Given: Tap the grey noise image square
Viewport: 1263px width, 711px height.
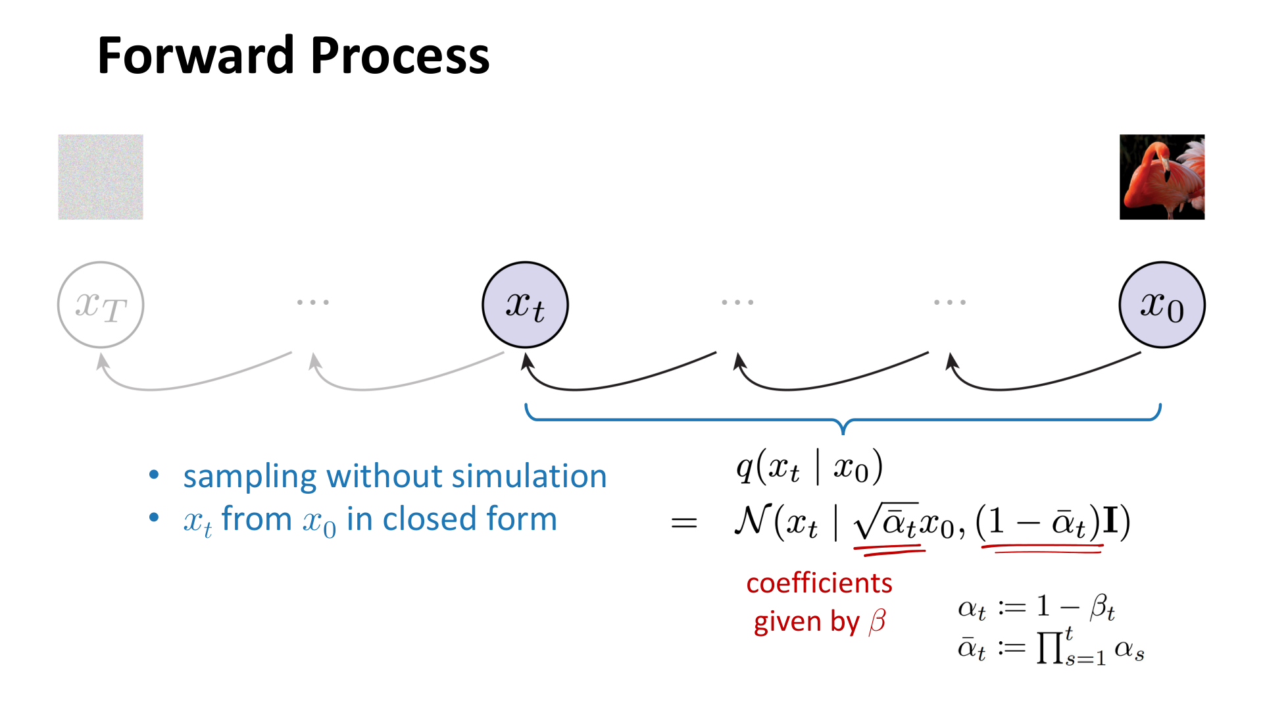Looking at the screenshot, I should coord(101,177).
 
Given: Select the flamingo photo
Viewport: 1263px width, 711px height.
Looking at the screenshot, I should coord(1162,177).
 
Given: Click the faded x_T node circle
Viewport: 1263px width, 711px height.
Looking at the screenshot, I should coord(101,305).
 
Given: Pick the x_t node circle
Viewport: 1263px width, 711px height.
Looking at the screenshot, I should coord(525,305).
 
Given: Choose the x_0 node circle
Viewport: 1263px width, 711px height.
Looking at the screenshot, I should coord(1162,305).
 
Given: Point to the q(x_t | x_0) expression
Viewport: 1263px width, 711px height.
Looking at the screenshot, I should coord(809,468).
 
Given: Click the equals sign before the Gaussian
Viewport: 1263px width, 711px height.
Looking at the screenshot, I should coord(684,523).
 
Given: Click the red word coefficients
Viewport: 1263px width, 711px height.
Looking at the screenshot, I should coord(819,583).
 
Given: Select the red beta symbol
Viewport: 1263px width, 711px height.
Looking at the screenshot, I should coord(878,621).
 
